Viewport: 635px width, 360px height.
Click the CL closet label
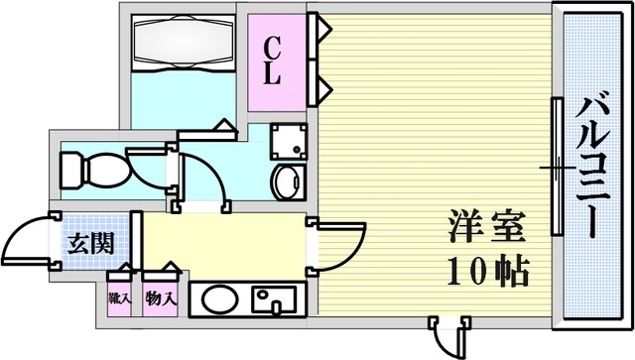[x=272, y=60]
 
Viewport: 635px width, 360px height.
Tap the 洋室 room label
[x=487, y=226]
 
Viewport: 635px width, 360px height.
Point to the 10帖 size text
[x=488, y=271]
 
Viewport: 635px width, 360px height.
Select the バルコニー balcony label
[x=592, y=167]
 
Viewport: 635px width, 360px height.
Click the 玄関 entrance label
[x=90, y=243]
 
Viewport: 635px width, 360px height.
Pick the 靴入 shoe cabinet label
[x=119, y=299]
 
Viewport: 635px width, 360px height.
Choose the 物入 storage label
[x=161, y=299]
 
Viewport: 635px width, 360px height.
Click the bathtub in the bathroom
[x=184, y=43]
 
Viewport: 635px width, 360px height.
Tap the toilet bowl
[x=95, y=170]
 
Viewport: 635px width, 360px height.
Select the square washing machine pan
[x=289, y=142]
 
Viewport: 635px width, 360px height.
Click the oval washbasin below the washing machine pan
[x=289, y=182]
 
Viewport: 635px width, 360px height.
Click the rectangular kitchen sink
[x=274, y=300]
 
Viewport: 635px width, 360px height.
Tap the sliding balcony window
[x=558, y=167]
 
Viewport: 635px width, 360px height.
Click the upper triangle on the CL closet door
[x=324, y=29]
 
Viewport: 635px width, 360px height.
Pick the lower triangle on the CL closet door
[x=324, y=89]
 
